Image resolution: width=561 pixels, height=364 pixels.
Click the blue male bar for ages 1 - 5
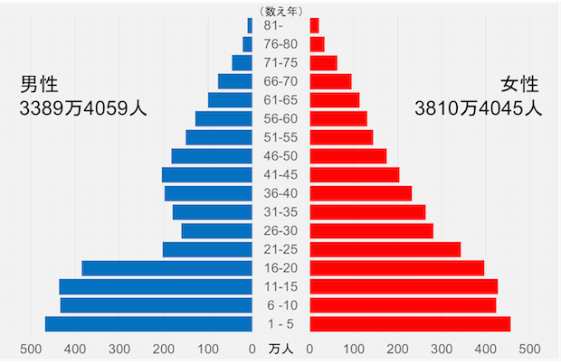point(148,324)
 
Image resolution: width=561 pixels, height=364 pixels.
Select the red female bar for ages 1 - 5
point(410,324)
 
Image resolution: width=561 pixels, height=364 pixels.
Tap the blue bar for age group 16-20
point(166,268)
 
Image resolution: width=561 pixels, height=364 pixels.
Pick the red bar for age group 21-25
point(385,249)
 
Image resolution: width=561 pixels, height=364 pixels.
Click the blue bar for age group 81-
point(250,25)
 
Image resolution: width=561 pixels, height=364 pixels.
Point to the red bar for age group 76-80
point(317,44)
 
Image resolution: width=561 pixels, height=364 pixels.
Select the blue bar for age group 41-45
point(206,174)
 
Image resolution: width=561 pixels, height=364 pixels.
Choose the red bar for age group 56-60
point(338,118)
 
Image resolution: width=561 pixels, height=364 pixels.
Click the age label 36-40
point(280,193)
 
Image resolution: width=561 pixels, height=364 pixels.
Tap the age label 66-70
point(280,81)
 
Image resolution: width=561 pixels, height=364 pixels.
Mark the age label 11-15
point(280,286)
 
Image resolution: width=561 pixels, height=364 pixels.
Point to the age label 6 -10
point(280,305)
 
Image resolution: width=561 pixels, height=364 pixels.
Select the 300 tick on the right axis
point(442,349)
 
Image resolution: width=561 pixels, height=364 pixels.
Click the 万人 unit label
point(280,349)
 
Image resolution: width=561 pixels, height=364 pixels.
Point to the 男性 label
point(40,85)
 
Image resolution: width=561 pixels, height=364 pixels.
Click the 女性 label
point(519,85)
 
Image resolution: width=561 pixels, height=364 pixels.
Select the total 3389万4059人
point(83,109)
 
